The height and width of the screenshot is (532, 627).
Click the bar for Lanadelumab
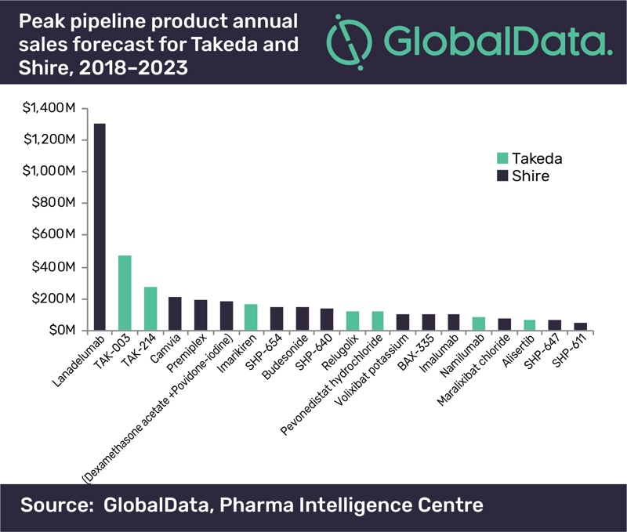click(100, 226)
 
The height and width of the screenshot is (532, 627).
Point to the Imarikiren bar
click(251, 317)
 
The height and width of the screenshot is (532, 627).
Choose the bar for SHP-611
click(581, 327)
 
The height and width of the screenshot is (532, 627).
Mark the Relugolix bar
click(352, 321)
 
